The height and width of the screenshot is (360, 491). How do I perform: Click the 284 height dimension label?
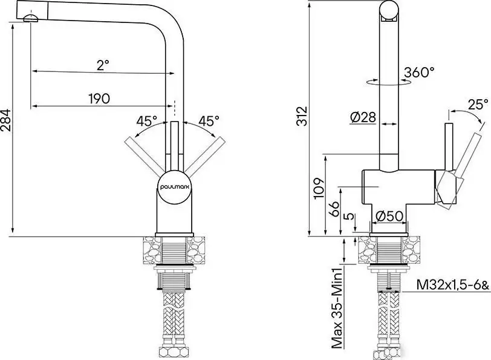pos(6,120)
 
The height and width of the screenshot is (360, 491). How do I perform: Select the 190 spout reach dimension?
pos(99,99)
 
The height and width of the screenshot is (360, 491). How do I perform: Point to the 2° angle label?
pos(103,65)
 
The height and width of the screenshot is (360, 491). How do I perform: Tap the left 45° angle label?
pos(146,121)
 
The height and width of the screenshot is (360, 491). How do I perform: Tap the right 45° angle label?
pos(209,121)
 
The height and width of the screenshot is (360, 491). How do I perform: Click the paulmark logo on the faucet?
pos(175,187)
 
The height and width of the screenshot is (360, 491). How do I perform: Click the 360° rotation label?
pos(419,73)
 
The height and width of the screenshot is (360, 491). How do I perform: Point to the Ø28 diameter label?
pos(363,117)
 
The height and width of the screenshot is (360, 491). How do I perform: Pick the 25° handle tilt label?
pos(478,104)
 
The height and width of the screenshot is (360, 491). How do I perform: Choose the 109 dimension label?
pos(319,188)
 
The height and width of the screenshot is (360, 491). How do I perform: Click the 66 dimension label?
pos(334,208)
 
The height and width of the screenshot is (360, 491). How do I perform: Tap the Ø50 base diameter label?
pos(389,216)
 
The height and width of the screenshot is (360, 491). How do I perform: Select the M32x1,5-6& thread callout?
pos(452,285)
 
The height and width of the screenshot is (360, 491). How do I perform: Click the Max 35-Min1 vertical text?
pos(337,310)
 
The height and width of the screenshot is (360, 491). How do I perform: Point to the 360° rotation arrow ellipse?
pos(388,82)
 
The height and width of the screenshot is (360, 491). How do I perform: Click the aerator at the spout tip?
pos(31,19)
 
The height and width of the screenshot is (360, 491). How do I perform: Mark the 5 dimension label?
pos(349,216)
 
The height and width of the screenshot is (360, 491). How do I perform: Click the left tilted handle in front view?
pos(145,155)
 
